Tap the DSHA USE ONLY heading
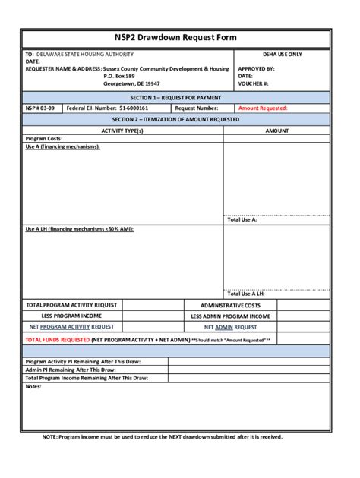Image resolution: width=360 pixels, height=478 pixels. pos(282,55)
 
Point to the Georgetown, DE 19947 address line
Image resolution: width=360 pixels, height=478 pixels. pos(131,83)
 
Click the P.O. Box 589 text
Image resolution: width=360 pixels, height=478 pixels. pos(119,76)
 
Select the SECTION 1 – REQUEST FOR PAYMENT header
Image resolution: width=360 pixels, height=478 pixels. pos(175,98)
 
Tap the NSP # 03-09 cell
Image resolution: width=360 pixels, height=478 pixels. pos(39,108)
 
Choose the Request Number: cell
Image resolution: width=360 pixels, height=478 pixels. pos(196,108)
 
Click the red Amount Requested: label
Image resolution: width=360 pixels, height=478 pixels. pos(263,108)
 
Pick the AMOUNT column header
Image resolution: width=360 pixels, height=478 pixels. pos(276,131)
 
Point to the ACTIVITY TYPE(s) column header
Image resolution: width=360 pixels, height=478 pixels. pos(122,131)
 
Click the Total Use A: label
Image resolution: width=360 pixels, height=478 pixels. pos(242,219)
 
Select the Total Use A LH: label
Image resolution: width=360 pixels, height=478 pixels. pos(245,294)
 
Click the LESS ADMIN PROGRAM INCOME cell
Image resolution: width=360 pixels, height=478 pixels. pos(230,316)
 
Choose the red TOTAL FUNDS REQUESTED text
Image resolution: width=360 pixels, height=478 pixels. pos(58,341)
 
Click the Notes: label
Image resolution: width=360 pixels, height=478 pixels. pos(33,386)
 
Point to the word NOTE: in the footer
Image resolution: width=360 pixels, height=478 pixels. pos(49,437)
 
